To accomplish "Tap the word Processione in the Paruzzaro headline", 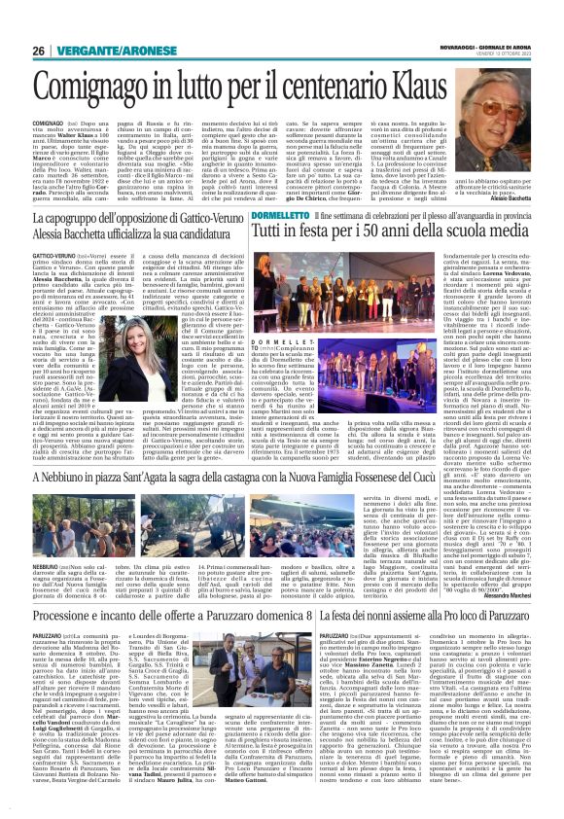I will tap(63, 617).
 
